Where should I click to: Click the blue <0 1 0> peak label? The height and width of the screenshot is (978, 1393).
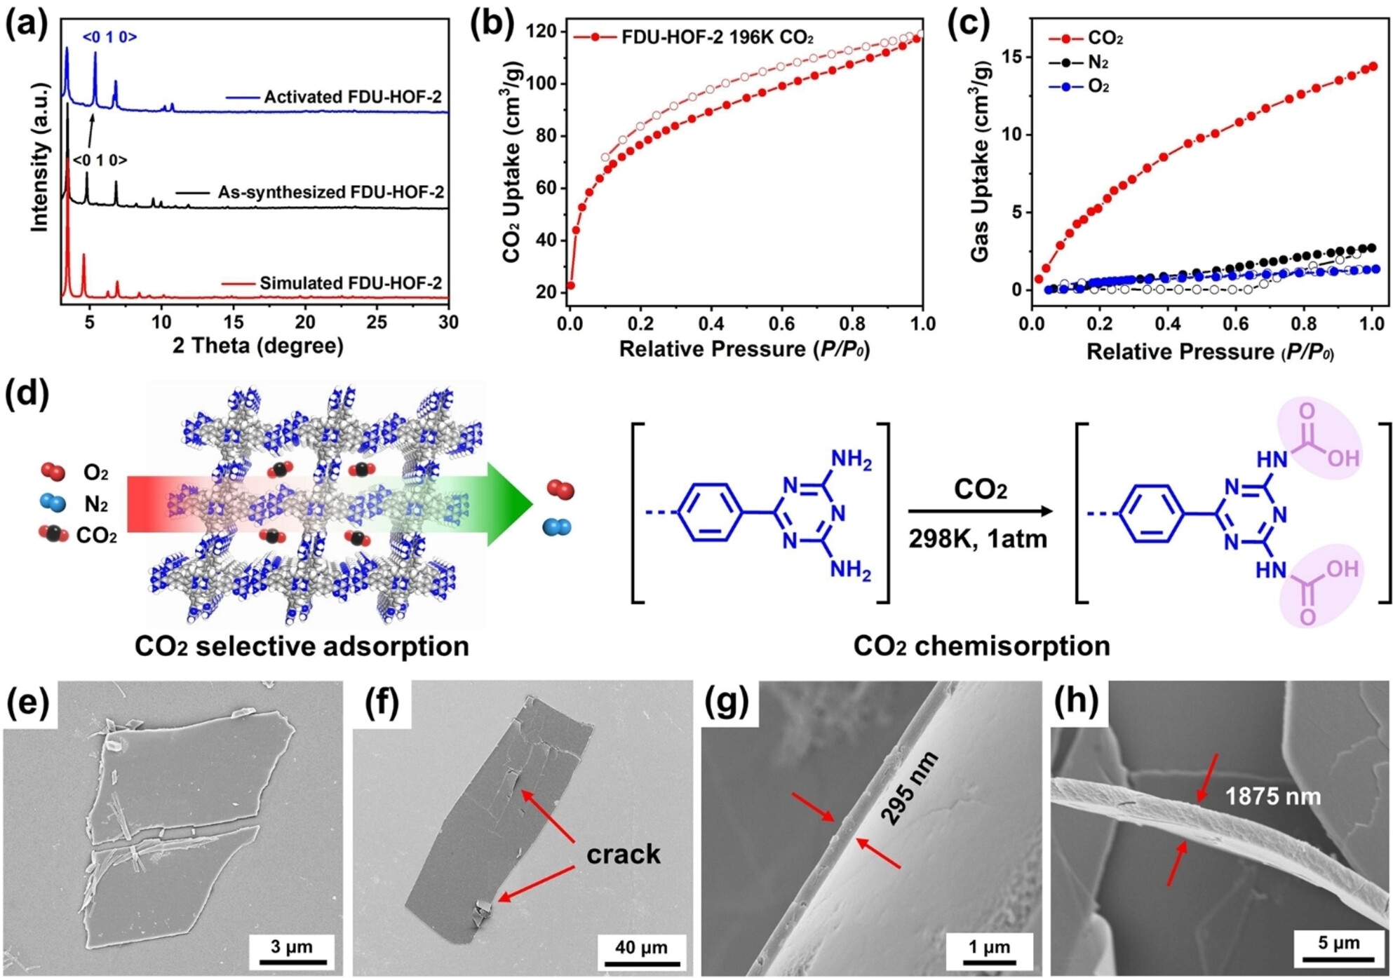click(109, 36)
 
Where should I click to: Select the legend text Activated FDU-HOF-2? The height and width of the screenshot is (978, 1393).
click(353, 97)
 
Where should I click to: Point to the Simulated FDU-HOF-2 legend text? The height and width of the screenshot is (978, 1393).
click(351, 283)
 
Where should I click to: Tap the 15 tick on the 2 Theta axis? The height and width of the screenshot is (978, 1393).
click(234, 322)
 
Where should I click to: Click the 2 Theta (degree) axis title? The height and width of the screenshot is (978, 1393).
click(258, 346)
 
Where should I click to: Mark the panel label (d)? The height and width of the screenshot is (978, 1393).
click(27, 394)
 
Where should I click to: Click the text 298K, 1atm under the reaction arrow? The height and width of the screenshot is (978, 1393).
click(978, 538)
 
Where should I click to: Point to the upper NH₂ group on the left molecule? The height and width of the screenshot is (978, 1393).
click(851, 461)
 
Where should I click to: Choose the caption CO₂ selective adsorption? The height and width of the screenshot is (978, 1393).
click(302, 646)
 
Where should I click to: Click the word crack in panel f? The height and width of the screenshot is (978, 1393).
click(624, 853)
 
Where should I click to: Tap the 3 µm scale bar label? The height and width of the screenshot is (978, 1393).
click(292, 946)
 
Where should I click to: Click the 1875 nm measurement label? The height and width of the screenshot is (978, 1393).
click(1273, 796)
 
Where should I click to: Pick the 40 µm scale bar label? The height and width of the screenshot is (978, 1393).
click(641, 947)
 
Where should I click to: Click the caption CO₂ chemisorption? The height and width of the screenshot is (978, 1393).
click(981, 646)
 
